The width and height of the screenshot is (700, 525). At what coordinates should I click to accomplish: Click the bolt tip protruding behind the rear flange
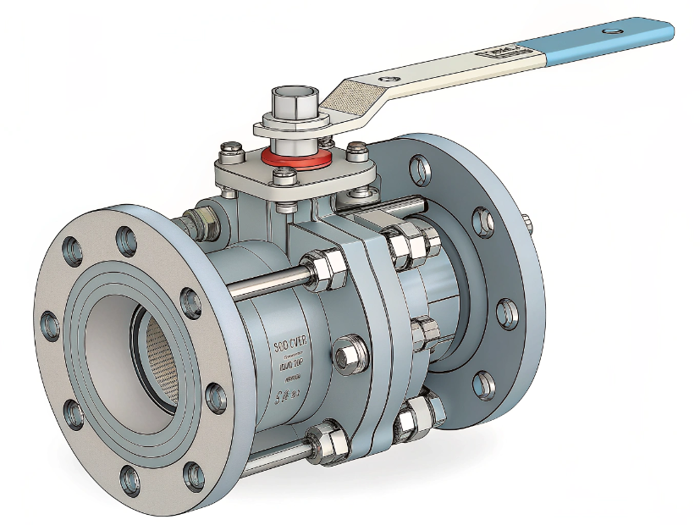pos(529,225)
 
